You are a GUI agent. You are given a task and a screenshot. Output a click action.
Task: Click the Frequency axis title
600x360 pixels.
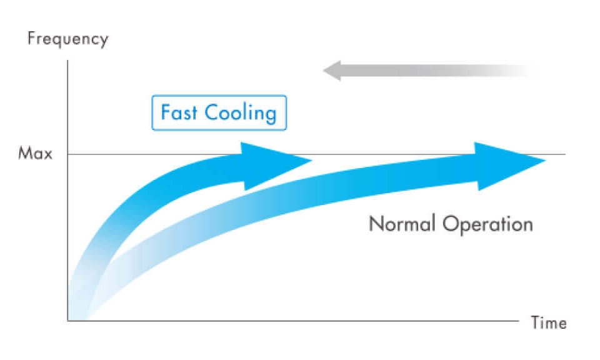pyautogui.click(x=67, y=39)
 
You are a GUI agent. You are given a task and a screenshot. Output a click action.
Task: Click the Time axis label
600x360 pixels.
pyautogui.click(x=548, y=323)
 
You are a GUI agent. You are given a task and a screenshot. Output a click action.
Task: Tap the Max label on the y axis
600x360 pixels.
pyautogui.click(x=36, y=154)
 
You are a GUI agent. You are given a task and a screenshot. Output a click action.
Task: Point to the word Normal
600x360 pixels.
pyautogui.click(x=402, y=224)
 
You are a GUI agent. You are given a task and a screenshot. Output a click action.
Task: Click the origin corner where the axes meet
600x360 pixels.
pyautogui.click(x=67, y=321)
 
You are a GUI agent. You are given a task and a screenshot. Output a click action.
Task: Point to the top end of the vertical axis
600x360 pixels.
pyautogui.click(x=67, y=61)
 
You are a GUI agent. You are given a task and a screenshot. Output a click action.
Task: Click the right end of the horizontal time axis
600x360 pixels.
pyautogui.click(x=517, y=321)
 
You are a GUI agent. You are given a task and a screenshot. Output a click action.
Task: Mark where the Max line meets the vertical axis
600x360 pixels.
pyautogui.click(x=67, y=154)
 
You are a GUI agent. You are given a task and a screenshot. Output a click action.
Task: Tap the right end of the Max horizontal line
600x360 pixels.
pyautogui.click(x=564, y=154)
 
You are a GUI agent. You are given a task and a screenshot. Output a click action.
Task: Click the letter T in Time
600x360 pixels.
pyautogui.click(x=535, y=323)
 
